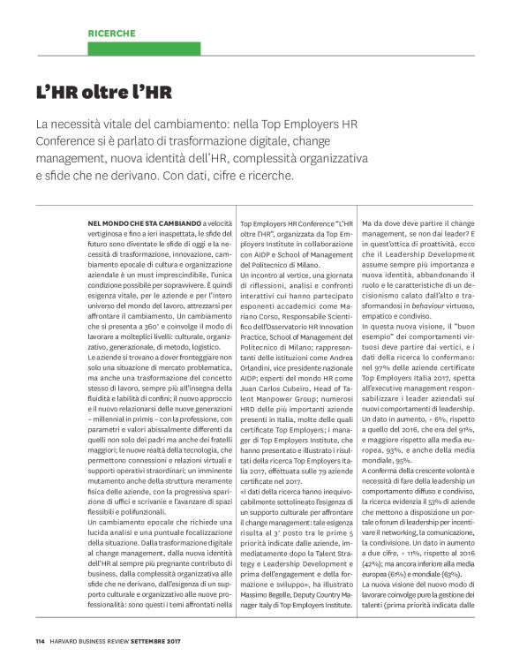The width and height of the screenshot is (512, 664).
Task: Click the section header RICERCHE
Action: [111, 33]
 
